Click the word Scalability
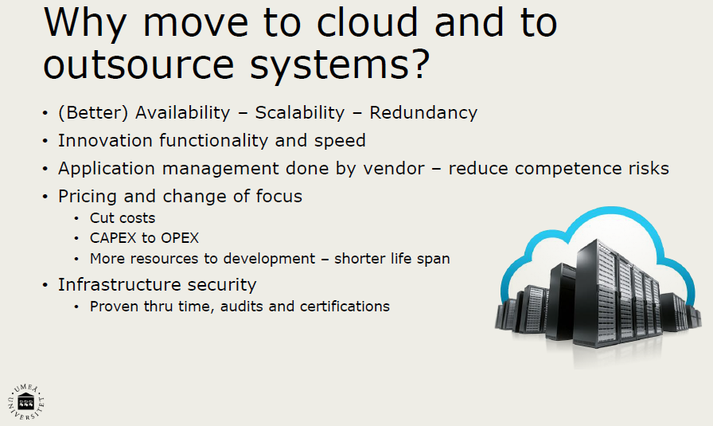click(x=300, y=113)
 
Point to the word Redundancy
click(x=423, y=113)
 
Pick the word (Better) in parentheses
click(x=93, y=113)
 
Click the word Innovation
click(x=105, y=141)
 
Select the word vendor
click(x=394, y=169)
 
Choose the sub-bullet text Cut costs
click(x=123, y=218)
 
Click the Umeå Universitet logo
click(x=26, y=402)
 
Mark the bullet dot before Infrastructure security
click(x=45, y=286)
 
